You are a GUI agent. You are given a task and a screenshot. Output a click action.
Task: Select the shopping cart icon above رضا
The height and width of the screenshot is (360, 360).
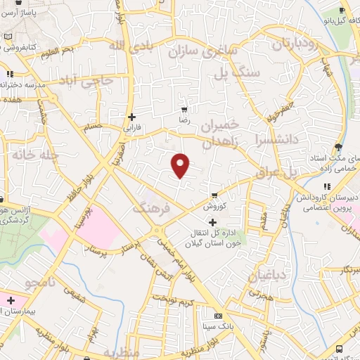[185, 110]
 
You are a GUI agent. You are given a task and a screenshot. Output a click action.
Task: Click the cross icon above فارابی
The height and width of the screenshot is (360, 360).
[131, 117]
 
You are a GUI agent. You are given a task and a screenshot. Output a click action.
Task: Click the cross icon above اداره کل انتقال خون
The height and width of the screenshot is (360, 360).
[213, 221]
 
